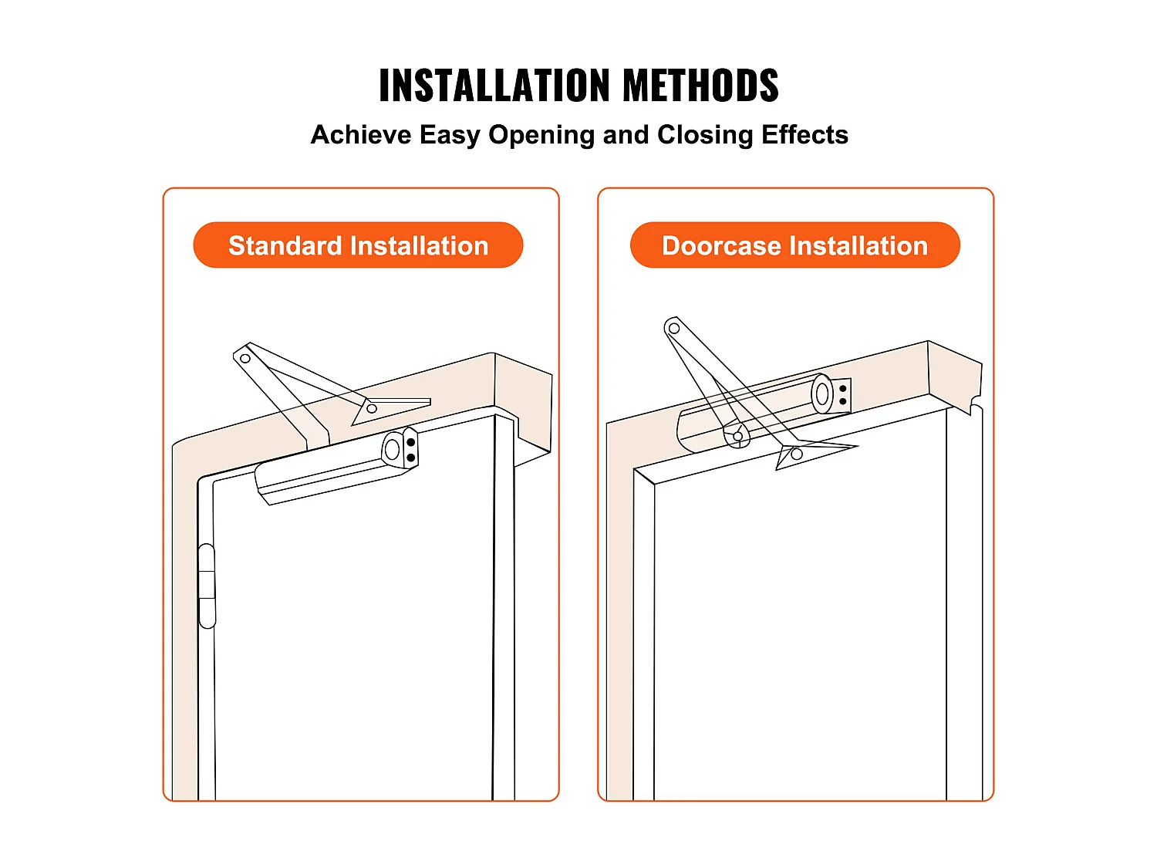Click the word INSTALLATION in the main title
[x=494, y=85]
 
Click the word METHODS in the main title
[x=700, y=85]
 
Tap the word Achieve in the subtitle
[x=361, y=134]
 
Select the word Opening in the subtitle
[x=542, y=136]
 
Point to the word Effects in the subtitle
[x=805, y=134]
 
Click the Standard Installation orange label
[x=358, y=245]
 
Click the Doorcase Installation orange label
[x=795, y=245]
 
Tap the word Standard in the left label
[x=285, y=245]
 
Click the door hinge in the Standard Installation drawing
[x=207, y=586]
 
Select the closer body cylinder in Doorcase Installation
[x=764, y=412]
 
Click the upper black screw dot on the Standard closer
[x=411, y=442]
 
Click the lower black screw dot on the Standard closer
[x=411, y=458]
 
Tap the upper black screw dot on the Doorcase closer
[x=843, y=389]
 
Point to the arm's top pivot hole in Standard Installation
[x=245, y=359]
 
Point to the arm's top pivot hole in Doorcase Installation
[x=673, y=329]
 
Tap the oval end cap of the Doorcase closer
[x=821, y=393]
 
